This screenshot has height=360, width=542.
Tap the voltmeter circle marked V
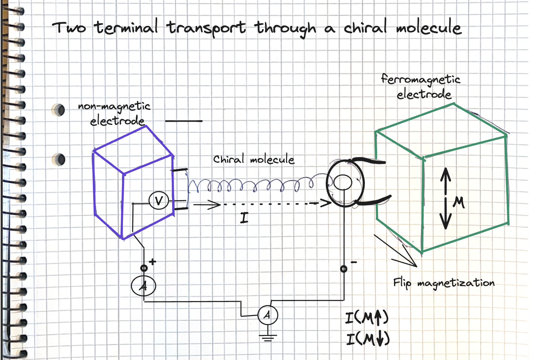click(x=159, y=200)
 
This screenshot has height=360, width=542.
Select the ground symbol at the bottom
click(x=268, y=337)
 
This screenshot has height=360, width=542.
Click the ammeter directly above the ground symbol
click(x=268, y=315)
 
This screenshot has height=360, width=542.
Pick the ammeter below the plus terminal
click(x=144, y=286)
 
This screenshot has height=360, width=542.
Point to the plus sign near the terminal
click(x=152, y=262)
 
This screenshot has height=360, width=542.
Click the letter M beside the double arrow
click(x=459, y=202)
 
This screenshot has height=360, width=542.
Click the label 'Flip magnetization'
click(x=444, y=283)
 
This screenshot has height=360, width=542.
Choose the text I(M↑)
click(x=367, y=318)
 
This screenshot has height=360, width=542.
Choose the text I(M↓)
click(x=368, y=339)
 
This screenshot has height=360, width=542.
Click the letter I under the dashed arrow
click(x=244, y=218)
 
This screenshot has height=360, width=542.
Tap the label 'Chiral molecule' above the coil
click(x=254, y=159)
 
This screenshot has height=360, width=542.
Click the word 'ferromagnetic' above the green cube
click(x=421, y=79)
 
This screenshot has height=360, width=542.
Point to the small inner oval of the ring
click(x=342, y=183)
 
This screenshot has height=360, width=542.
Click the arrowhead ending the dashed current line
click(x=326, y=203)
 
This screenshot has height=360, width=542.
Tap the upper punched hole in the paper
click(x=59, y=110)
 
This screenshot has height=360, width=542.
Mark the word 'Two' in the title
click(x=69, y=28)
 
